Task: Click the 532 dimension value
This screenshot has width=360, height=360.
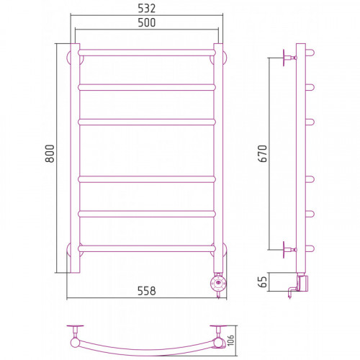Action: click(x=147, y=9)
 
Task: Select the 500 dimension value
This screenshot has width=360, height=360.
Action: click(x=147, y=22)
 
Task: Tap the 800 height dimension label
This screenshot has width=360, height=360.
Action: click(x=50, y=153)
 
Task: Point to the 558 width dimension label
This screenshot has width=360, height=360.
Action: click(x=147, y=291)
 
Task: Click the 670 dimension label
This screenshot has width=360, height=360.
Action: click(x=263, y=153)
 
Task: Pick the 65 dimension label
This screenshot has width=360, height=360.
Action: click(x=263, y=282)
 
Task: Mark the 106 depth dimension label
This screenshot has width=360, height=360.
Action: click(x=230, y=341)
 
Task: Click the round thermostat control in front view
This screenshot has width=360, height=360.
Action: click(x=218, y=283)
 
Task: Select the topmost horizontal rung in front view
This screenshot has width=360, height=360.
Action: click(x=147, y=53)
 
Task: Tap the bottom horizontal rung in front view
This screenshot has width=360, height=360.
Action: click(x=147, y=248)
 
